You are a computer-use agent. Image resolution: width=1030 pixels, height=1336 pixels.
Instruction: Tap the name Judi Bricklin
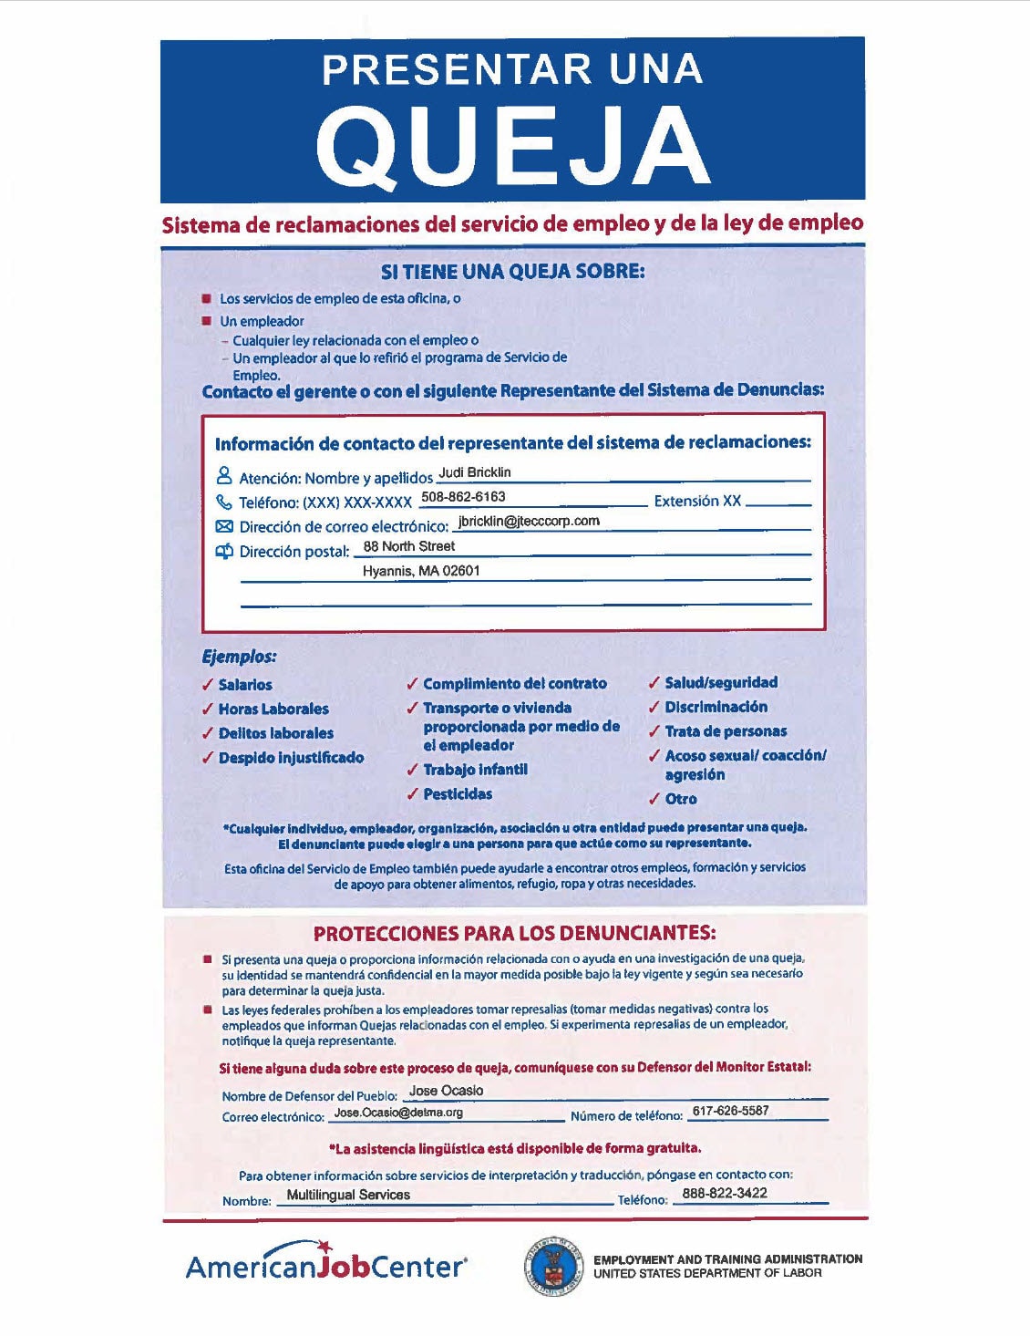pyautogui.click(x=474, y=472)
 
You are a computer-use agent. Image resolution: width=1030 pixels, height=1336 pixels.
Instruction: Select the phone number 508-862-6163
pyautogui.click(x=463, y=497)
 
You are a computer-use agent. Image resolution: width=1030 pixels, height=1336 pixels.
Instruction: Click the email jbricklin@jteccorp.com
pyautogui.click(x=529, y=522)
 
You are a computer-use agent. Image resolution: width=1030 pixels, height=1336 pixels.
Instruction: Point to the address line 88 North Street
pyautogui.click(x=408, y=546)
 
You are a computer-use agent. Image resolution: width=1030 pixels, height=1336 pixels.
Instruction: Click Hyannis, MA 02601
pyautogui.click(x=421, y=571)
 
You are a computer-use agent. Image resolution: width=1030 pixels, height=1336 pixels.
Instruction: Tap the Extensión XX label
pyautogui.click(x=697, y=501)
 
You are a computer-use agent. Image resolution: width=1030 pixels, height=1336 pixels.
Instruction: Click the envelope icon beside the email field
pyautogui.click(x=224, y=526)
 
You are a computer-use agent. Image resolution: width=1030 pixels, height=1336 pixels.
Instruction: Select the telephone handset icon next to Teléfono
pyautogui.click(x=224, y=502)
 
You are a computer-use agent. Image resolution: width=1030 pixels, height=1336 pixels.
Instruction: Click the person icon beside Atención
pyautogui.click(x=224, y=476)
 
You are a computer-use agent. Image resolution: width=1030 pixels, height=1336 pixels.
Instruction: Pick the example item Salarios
pyautogui.click(x=245, y=685)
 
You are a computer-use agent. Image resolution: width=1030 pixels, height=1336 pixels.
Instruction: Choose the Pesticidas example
pyautogui.click(x=458, y=794)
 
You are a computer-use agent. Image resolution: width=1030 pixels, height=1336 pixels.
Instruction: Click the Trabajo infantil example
pyautogui.click(x=475, y=770)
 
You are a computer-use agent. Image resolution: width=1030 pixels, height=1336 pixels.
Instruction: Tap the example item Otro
pyautogui.click(x=681, y=799)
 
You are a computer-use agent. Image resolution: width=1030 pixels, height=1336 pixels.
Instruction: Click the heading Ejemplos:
pyautogui.click(x=239, y=657)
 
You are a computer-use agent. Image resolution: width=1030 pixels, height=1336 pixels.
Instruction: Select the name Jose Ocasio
pyautogui.click(x=446, y=1091)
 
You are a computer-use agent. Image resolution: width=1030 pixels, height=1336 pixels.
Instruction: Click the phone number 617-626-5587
pyautogui.click(x=730, y=1111)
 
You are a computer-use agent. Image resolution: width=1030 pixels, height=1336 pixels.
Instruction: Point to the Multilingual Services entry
pyautogui.click(x=348, y=1195)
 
